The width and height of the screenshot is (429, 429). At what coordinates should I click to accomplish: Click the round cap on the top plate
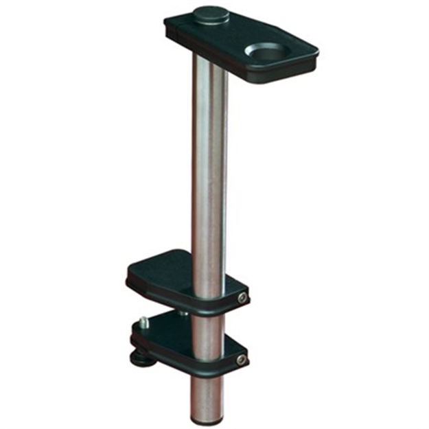pyautogui.click(x=211, y=14)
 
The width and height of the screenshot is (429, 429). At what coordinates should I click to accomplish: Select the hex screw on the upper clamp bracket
pyautogui.click(x=242, y=297)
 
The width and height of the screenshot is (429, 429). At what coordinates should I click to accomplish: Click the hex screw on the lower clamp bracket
pyautogui.click(x=241, y=359)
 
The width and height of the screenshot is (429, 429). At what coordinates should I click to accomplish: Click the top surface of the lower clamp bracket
pyautogui.click(x=165, y=328)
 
